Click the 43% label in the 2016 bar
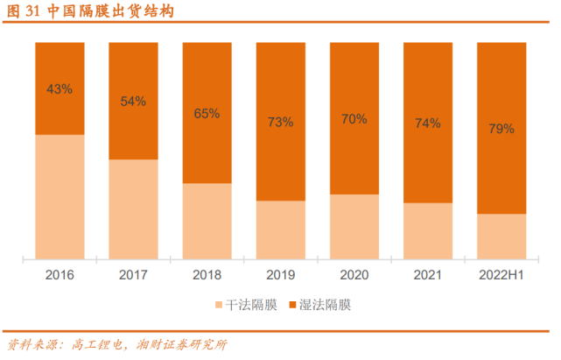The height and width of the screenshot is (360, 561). point(60,89)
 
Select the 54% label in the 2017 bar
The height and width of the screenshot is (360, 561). point(133,101)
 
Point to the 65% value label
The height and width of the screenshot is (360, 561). point(207,113)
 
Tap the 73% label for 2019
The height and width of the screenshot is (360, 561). point(280,122)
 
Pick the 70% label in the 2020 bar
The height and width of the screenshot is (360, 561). point(354,118)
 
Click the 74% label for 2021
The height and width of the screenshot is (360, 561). point(427,123)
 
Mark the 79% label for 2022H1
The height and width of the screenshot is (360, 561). point(501,129)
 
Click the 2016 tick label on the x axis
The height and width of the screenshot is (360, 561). point(60,275)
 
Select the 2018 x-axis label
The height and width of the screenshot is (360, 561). point(207,275)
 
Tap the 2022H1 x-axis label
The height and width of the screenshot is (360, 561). point(501,275)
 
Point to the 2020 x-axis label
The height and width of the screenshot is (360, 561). point(354,275)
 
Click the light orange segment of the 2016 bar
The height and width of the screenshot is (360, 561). point(60,197)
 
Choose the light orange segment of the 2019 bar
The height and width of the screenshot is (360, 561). point(280,230)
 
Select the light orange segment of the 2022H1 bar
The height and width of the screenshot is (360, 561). point(501,236)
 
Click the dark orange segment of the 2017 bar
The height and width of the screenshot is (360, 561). point(133,131)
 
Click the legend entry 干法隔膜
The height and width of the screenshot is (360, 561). point(244,305)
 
